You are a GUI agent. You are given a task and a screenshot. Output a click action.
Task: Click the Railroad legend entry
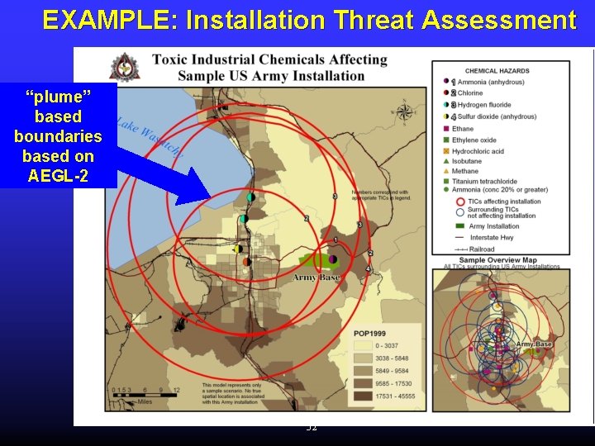[482, 249]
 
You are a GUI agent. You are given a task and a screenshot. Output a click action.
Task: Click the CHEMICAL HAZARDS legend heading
[497, 71]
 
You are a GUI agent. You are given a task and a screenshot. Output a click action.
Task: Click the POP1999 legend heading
[370, 334]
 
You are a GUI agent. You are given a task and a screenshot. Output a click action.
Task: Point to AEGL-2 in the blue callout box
[58, 175]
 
